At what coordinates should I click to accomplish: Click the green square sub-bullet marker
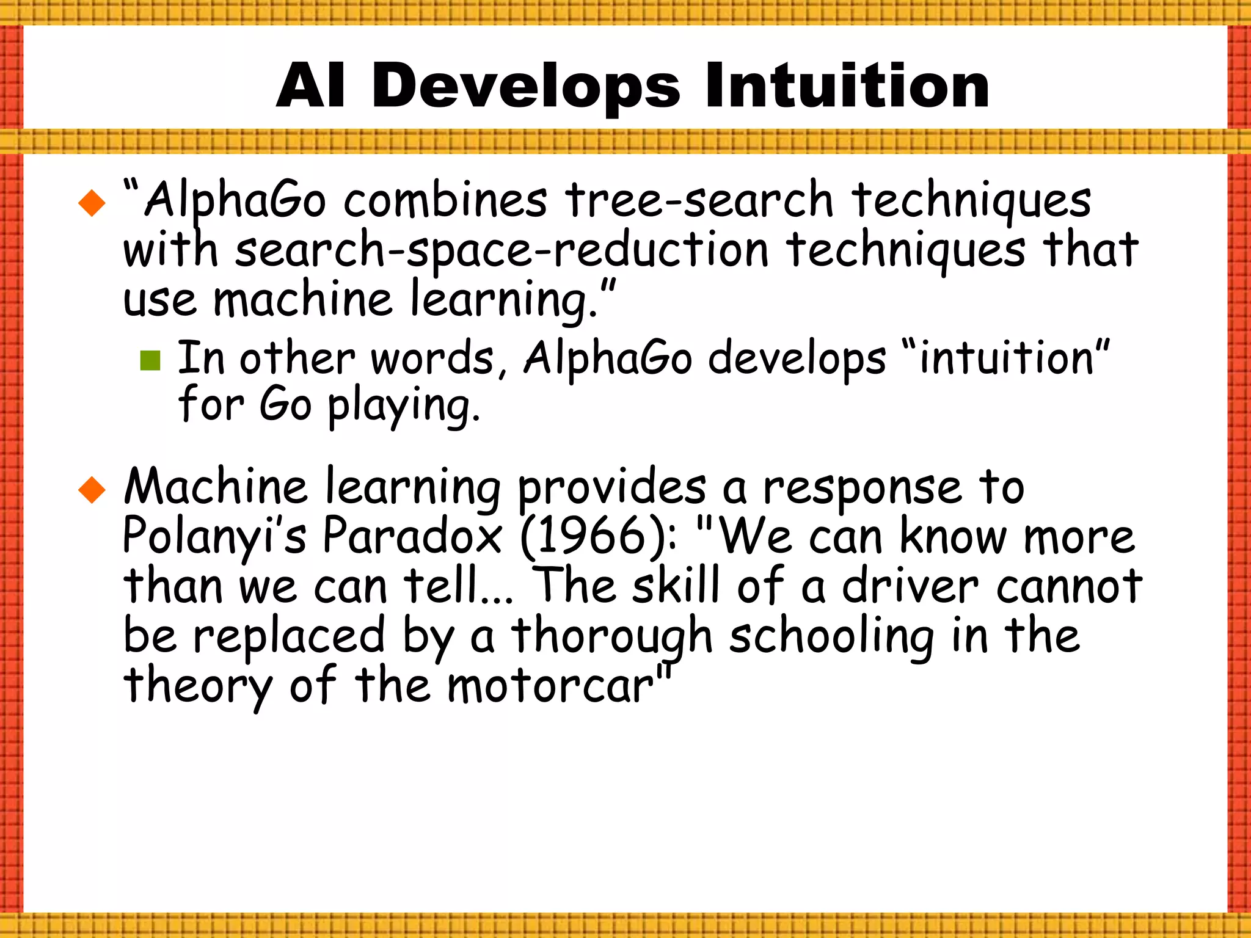[x=150, y=360]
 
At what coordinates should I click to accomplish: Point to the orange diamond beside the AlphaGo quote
[x=92, y=203]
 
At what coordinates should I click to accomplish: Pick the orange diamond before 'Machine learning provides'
[x=92, y=490]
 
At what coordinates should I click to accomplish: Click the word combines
[x=445, y=200]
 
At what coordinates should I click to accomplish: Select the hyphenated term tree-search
[x=699, y=200]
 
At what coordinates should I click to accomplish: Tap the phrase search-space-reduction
[x=501, y=250]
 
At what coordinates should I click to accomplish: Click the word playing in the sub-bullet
[x=403, y=406]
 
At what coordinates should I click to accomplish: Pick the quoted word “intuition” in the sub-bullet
[x=1005, y=358]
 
